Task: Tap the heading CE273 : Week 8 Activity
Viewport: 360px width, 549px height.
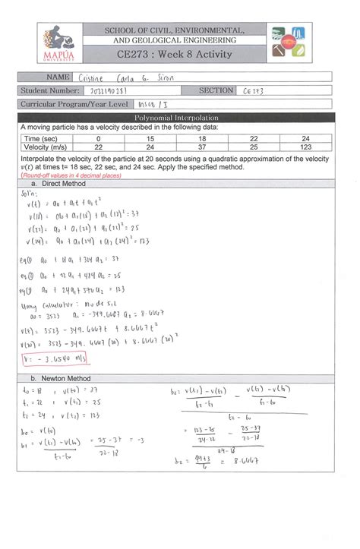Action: pyautogui.click(x=178, y=55)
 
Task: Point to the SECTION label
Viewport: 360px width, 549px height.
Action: pyautogui.click(x=216, y=90)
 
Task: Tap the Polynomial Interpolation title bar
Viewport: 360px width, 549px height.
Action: pyautogui.click(x=175, y=118)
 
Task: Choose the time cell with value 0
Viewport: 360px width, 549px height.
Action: pyautogui.click(x=99, y=139)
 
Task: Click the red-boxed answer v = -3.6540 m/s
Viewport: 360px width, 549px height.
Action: pyautogui.click(x=52, y=359)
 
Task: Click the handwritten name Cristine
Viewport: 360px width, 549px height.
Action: pyautogui.click(x=93, y=77)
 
